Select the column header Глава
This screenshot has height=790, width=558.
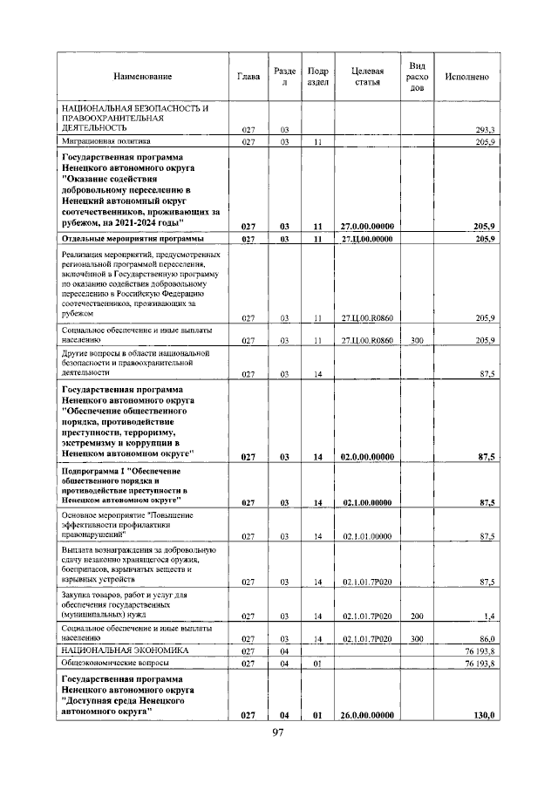[248, 78]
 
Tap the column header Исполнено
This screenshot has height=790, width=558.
[466, 78]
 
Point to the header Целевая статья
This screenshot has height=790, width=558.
[366, 78]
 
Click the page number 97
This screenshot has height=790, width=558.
[278, 732]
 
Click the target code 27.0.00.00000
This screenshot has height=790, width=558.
[366, 226]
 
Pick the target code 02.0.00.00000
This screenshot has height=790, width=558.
[366, 456]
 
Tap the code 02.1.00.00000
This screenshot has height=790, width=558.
[366, 502]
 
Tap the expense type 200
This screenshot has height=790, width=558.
[417, 616]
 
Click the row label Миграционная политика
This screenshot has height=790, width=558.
[105, 140]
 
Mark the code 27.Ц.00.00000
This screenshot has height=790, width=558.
[366, 238]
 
